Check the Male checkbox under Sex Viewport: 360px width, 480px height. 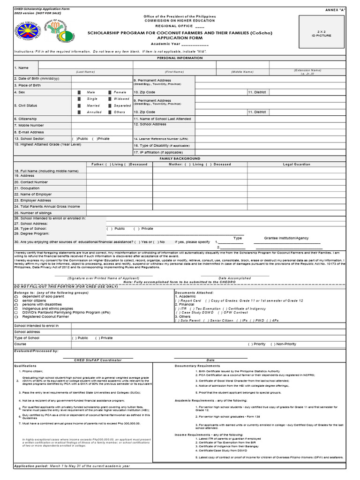coord(79,92)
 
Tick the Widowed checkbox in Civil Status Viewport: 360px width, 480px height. coord(110,99)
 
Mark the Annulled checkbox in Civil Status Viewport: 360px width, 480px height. coord(79,112)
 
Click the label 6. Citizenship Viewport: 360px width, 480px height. coord(26,119)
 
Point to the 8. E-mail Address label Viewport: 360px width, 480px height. coord(29,132)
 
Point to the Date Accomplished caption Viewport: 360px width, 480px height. coord(235,278)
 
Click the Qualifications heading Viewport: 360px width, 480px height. coord(25,366)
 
